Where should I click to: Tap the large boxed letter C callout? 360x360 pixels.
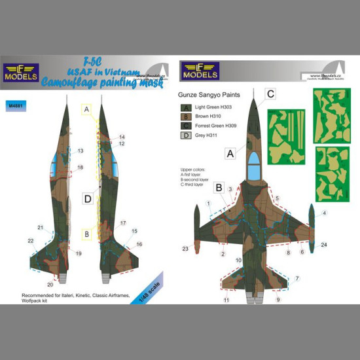270,94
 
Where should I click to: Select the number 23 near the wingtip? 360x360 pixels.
186,248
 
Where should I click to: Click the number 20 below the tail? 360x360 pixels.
50,284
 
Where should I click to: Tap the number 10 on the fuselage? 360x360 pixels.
239,261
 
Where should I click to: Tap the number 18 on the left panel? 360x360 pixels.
80,168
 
